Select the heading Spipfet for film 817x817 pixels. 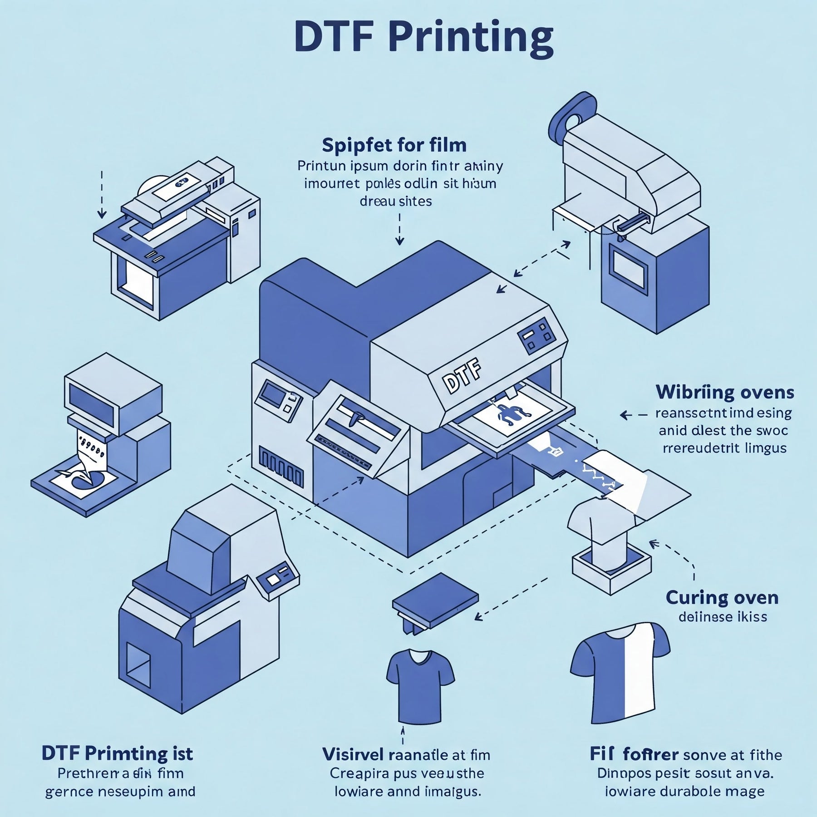click(394, 145)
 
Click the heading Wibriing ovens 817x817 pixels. click(724, 392)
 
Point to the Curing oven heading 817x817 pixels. click(722, 597)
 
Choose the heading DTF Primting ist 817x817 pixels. click(117, 753)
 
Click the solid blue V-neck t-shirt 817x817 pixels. click(420, 685)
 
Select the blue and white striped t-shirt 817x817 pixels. click(620, 672)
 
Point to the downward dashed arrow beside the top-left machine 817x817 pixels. click(102, 195)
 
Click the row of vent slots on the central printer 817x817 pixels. click(281, 468)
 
